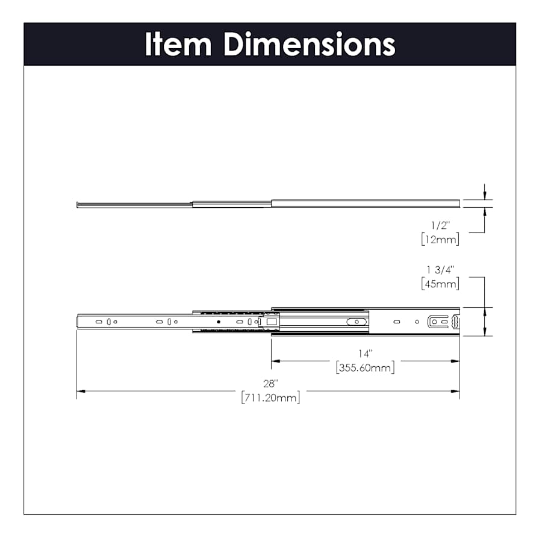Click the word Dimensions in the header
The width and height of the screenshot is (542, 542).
pos(310,45)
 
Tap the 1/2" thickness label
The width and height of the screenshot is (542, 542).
pos(440,225)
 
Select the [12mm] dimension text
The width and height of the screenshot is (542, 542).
pos(440,239)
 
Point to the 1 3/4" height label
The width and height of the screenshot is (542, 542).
pos(440,270)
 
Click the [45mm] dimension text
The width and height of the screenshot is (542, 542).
pos(440,284)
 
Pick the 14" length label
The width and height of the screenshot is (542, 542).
pos(365,354)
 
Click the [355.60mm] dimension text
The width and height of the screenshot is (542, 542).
pos(365,367)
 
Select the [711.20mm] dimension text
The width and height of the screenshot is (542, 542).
pos(270,397)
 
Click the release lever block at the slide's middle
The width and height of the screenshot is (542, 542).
pos(271,322)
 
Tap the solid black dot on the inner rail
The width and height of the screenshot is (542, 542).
pos(219,322)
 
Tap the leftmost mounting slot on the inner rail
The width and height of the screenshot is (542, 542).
pos(99,322)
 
